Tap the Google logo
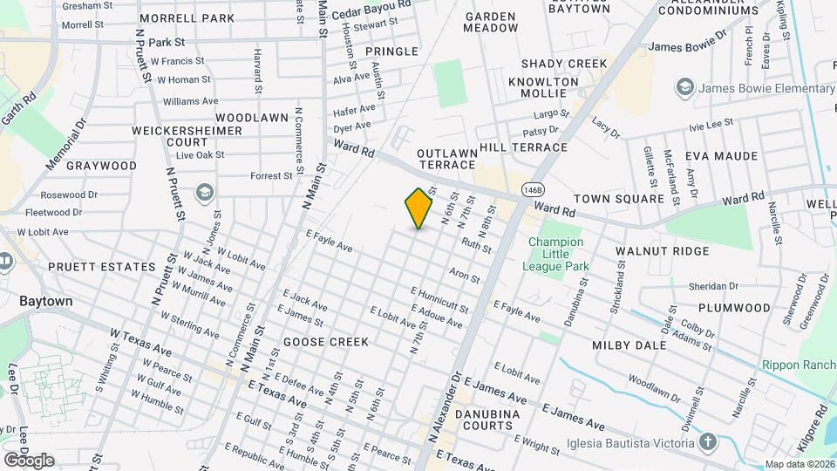[29, 460]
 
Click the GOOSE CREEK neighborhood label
[326, 342]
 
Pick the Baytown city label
[46, 300]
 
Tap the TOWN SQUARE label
[630, 199]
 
